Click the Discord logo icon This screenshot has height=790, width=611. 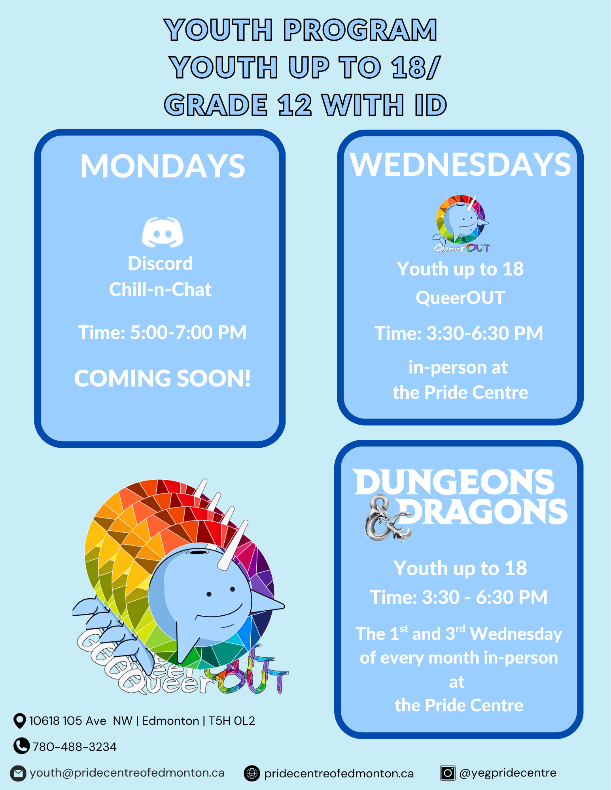[162, 232]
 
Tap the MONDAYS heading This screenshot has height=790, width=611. [163, 166]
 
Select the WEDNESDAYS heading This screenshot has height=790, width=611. [460, 164]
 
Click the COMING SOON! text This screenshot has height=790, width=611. [162, 378]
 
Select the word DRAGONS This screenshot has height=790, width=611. [482, 512]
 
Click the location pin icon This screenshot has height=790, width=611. [19, 721]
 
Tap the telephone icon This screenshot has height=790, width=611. [21, 746]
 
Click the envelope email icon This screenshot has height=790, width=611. [18, 773]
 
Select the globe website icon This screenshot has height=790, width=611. [252, 773]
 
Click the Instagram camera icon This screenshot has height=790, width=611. [448, 773]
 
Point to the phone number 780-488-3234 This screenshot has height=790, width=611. [74, 747]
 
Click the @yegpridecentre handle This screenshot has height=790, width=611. [508, 773]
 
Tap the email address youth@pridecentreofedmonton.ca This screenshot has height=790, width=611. [127, 773]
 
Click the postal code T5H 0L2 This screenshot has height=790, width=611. [232, 721]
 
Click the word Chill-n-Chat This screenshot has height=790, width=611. [160, 290]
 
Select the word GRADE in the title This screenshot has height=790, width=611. [216, 105]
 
